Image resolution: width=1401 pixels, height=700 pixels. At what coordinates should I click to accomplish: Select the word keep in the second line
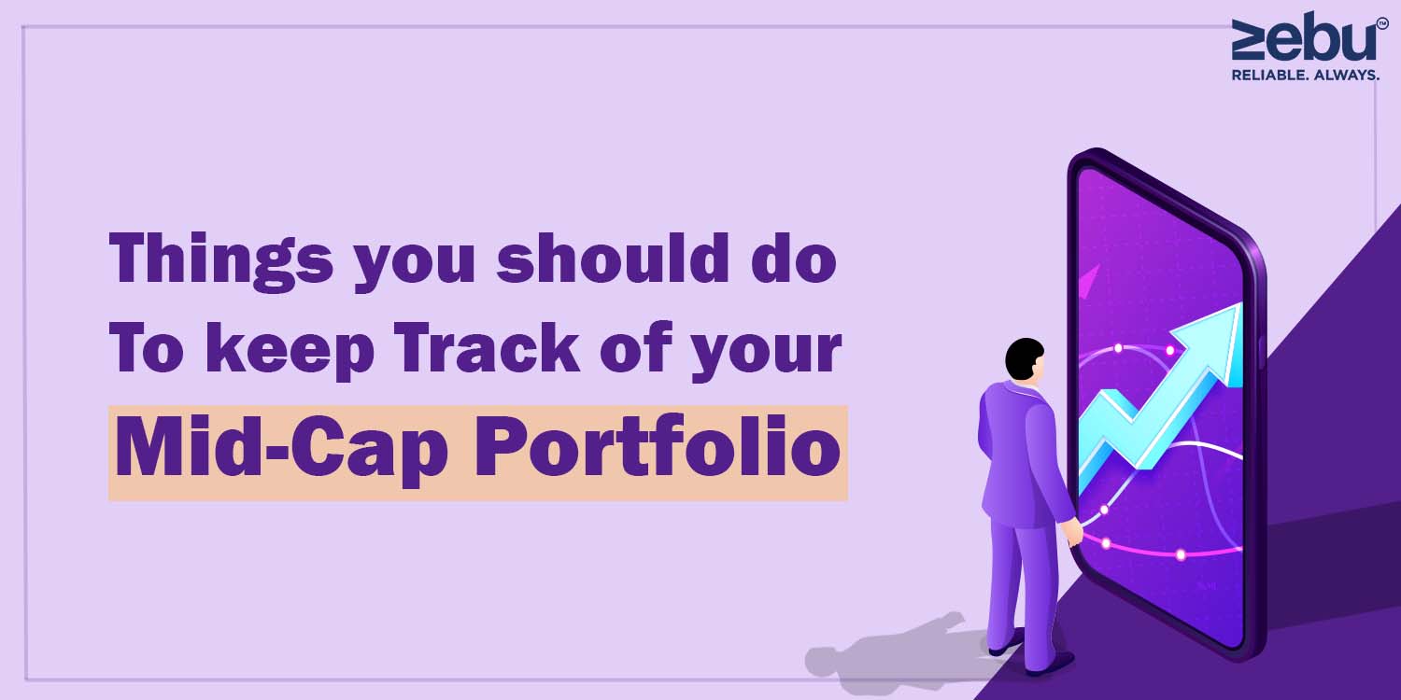click(x=290, y=351)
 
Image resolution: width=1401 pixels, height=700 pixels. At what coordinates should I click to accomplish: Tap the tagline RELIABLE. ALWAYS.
click(x=1306, y=75)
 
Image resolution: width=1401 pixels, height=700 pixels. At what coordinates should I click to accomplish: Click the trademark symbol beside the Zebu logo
click(x=1382, y=23)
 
